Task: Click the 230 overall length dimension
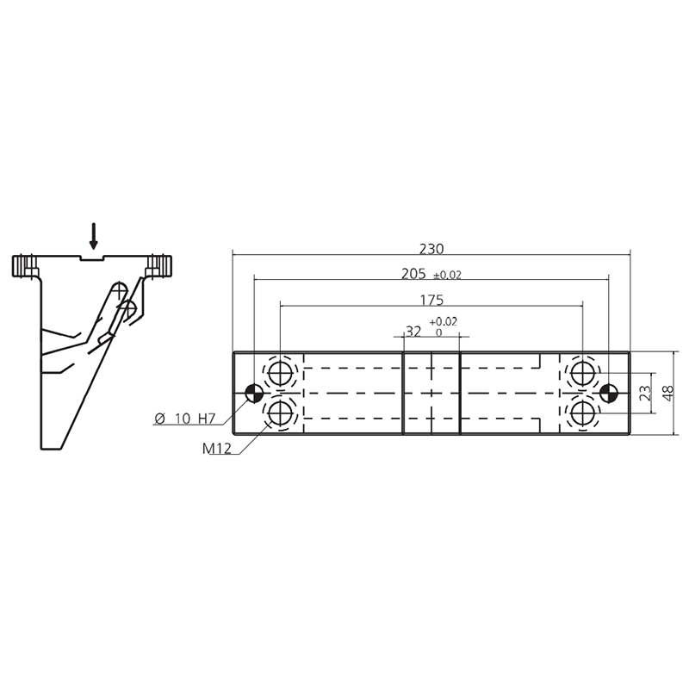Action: point(431,249)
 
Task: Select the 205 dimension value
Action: point(413,274)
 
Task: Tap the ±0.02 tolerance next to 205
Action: point(447,276)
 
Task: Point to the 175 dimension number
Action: point(432,301)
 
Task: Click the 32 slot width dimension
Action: point(413,332)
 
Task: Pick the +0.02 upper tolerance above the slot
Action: point(444,321)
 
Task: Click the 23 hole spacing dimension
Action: point(644,394)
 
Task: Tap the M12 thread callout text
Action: point(217,449)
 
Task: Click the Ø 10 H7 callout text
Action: point(185,419)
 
